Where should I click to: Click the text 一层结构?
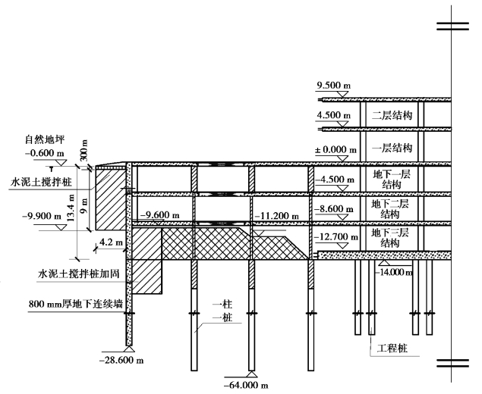click(x=392, y=147)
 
